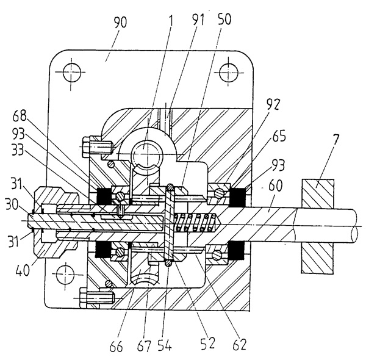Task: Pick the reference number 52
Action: (x=209, y=345)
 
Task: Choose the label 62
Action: (x=239, y=345)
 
